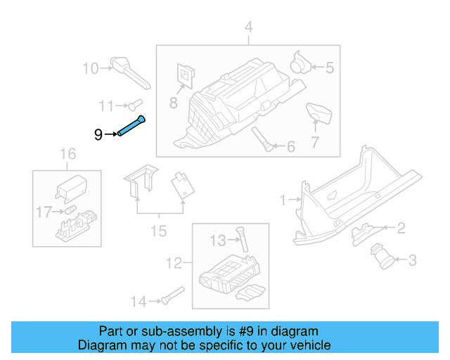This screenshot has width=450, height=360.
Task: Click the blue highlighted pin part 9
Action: pyautogui.click(x=131, y=127)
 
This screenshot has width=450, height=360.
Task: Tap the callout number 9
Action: pyautogui.click(x=98, y=134)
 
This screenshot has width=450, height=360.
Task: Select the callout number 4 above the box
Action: pyautogui.click(x=247, y=27)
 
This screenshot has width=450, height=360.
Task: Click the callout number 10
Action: pyautogui.click(x=91, y=68)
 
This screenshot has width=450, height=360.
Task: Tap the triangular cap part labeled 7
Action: pyautogui.click(x=319, y=113)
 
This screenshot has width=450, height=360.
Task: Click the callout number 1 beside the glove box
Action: pyautogui.click(x=283, y=200)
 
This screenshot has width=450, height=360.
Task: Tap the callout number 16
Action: pyautogui.click(x=67, y=153)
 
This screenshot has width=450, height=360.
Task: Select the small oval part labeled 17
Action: pyautogui.click(x=70, y=210)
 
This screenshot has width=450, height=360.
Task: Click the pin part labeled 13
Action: pyautogui.click(x=243, y=240)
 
